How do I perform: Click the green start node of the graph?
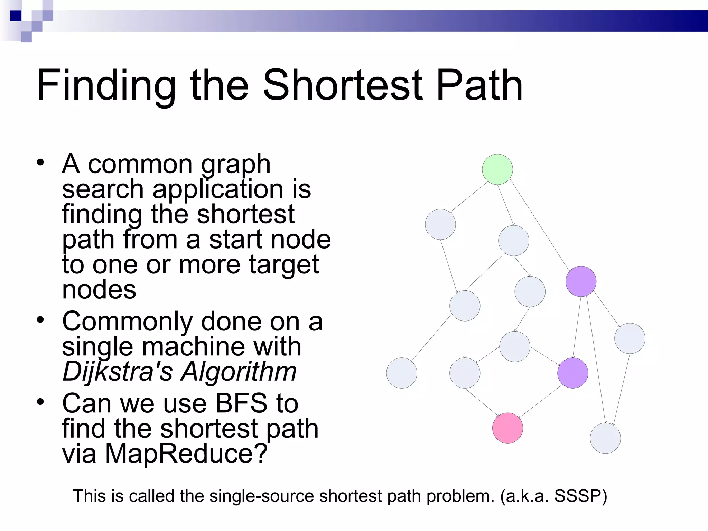(497, 169)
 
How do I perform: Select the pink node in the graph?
(507, 428)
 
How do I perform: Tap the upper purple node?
(581, 281)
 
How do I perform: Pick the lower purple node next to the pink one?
(572, 373)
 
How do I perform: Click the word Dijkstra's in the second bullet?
(118, 372)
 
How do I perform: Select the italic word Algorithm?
(239, 372)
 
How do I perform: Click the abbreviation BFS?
(241, 403)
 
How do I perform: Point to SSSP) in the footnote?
(581, 496)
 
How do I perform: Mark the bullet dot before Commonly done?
(41, 320)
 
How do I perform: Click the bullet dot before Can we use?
(41, 402)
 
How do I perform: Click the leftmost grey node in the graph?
(401, 373)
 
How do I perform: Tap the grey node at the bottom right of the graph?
(605, 438)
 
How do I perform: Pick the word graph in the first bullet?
(236, 165)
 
